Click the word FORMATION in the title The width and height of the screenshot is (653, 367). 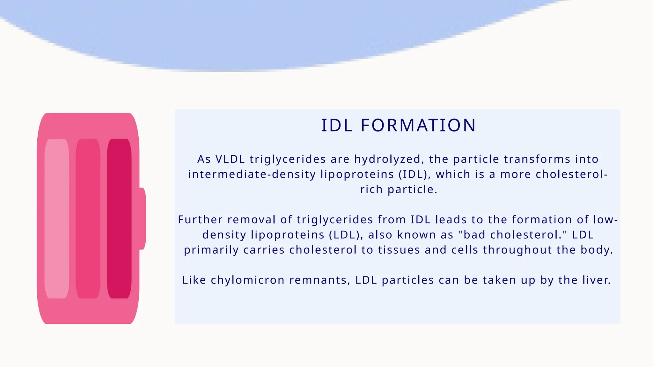pyautogui.click(x=418, y=125)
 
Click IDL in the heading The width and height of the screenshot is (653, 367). pyautogui.click(x=337, y=125)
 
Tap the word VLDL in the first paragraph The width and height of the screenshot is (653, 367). pyautogui.click(x=230, y=159)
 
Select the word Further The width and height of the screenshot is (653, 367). pyautogui.click(x=200, y=219)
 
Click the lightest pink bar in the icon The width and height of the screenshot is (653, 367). pyautogui.click(x=57, y=219)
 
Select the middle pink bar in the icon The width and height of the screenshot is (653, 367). pyautogui.click(x=88, y=219)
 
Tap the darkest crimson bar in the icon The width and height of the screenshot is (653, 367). pyautogui.click(x=119, y=219)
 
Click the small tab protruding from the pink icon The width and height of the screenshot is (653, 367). pyautogui.click(x=143, y=219)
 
